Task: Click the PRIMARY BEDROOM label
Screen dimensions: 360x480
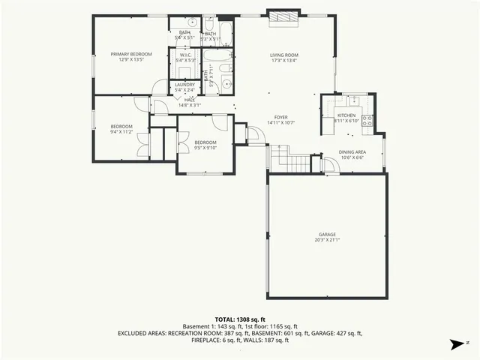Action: [131, 54]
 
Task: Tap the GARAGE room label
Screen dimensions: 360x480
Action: [326, 234]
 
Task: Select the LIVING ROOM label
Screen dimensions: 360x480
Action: [284, 55]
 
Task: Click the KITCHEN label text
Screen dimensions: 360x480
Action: [346, 115]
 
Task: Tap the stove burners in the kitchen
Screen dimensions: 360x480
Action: [367, 119]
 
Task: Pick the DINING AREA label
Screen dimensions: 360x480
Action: [352, 151]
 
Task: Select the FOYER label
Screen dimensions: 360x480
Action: [281, 117]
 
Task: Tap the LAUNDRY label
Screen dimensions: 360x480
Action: [184, 85]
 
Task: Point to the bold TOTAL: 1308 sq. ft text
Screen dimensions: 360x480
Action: [240, 319]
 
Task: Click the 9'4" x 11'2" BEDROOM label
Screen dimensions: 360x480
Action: [121, 126]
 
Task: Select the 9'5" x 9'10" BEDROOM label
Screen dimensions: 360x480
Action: [205, 142]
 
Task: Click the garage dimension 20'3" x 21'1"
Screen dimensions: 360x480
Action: [326, 240]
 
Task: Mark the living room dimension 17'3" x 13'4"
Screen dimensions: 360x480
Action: [284, 61]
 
